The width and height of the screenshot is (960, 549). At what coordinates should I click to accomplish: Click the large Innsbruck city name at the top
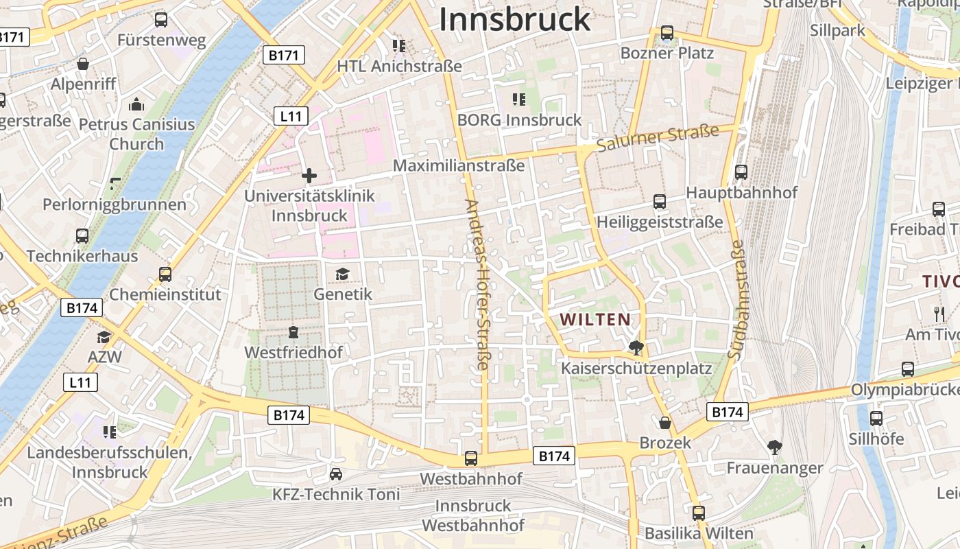click(514, 19)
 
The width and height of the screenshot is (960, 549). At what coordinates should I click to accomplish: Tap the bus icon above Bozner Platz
click(667, 33)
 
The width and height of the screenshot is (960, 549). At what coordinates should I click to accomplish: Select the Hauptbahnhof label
click(741, 192)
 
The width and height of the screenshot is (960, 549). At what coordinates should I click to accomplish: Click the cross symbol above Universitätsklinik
click(309, 176)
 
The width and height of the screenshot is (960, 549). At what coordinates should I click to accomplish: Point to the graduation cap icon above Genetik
click(342, 274)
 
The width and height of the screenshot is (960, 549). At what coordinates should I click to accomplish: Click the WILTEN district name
click(595, 319)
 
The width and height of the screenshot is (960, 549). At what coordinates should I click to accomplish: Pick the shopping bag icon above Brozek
click(664, 423)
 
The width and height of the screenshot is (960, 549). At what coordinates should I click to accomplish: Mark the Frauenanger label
click(775, 468)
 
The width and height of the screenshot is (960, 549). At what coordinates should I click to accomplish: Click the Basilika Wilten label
click(699, 533)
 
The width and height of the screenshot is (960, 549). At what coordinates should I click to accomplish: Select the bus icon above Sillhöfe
click(876, 419)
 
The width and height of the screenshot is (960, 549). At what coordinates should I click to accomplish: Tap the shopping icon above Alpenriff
click(83, 65)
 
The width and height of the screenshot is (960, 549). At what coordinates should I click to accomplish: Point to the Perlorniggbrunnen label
click(115, 205)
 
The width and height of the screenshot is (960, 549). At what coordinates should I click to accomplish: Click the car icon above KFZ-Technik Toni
click(336, 474)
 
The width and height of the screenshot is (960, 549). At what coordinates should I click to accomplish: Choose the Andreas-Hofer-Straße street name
click(477, 285)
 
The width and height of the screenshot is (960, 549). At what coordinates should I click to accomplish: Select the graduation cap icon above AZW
click(104, 337)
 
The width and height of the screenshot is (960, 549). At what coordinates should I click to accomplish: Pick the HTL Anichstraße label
click(399, 66)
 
